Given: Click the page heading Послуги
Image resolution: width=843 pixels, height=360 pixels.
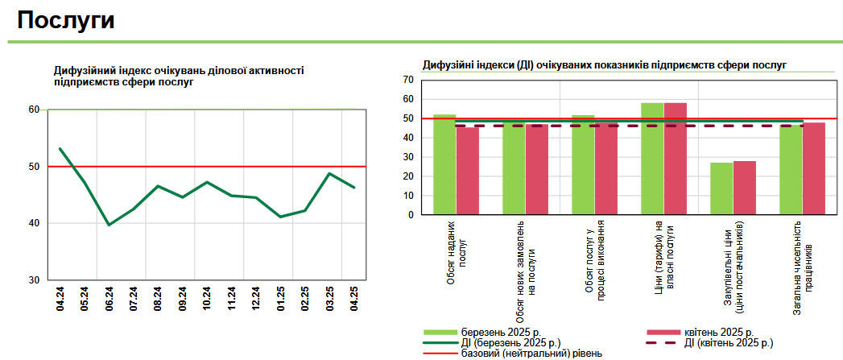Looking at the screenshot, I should click(x=65, y=20).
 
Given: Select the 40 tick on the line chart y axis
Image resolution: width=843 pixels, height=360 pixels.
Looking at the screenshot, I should click(x=35, y=223).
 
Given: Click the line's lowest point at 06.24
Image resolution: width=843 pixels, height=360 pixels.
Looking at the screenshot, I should click(x=110, y=225).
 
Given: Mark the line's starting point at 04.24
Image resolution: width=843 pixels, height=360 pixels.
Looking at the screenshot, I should click(x=60, y=149).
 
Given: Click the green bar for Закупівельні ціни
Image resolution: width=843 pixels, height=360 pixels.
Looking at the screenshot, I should click(x=721, y=189).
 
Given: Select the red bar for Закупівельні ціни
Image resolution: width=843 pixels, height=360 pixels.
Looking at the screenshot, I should click(x=744, y=188).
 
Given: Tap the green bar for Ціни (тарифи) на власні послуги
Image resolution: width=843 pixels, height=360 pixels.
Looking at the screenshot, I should click(x=652, y=159).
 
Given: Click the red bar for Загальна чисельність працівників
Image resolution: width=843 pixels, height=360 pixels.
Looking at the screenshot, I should click(x=814, y=168).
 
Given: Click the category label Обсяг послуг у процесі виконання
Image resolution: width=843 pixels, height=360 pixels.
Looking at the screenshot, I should click(x=595, y=262).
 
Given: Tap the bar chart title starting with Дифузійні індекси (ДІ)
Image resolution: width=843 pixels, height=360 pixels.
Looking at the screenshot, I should click(x=604, y=64).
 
